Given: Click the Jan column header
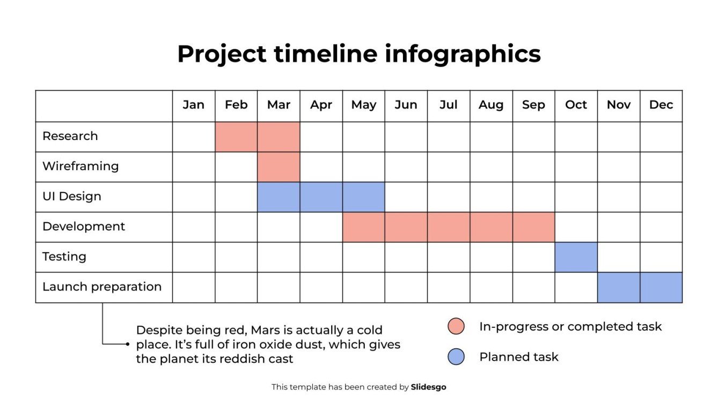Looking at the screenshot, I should pyautogui.click(x=193, y=105).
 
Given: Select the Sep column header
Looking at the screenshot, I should pyautogui.click(x=533, y=105).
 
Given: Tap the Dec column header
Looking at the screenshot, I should pyautogui.click(x=661, y=105).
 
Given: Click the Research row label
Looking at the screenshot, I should pyautogui.click(x=70, y=136).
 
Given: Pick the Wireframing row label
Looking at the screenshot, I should pyautogui.click(x=80, y=166).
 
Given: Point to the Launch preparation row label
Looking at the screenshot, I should pyautogui.click(x=102, y=287).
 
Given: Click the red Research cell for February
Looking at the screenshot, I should pyautogui.click(x=236, y=137).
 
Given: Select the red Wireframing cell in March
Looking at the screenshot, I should pyautogui.click(x=279, y=167).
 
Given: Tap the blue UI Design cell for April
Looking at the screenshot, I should pyautogui.click(x=321, y=197).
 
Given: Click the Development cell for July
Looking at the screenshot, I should pyautogui.click(x=449, y=227).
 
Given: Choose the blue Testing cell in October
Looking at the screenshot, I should pyautogui.click(x=576, y=257).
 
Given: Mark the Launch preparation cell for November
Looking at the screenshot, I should pyautogui.click(x=618, y=288).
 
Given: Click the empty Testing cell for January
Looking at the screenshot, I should pyautogui.click(x=193, y=257).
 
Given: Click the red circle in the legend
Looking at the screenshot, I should pyautogui.click(x=456, y=326).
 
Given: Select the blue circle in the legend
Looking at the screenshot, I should pyautogui.click(x=456, y=357).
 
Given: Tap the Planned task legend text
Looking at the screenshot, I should pyautogui.click(x=518, y=357).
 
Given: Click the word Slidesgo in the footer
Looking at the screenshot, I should pyautogui.click(x=428, y=387).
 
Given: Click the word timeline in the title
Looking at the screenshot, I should pyautogui.click(x=324, y=54).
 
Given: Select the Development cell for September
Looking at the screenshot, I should pyautogui.click(x=533, y=227).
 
